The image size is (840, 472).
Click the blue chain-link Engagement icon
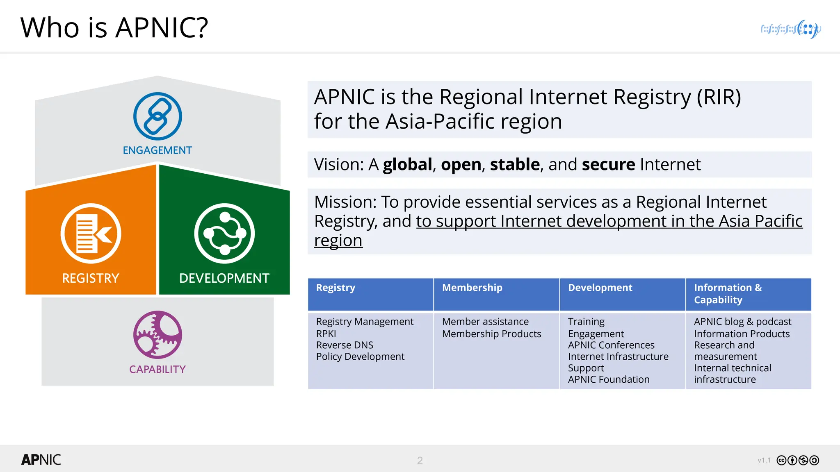[157, 116]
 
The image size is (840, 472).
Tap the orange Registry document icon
[91, 233]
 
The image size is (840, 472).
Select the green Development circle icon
[224, 233]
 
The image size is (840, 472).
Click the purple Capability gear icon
[157, 335]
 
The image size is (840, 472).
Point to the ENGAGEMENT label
[157, 150]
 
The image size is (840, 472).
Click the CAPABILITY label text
[157, 369]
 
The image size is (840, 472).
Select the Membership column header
[472, 288]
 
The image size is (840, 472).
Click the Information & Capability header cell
[728, 294]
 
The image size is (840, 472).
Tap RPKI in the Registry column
[326, 334]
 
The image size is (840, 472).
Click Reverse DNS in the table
[345, 345]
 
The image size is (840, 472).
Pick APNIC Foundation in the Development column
[609, 379]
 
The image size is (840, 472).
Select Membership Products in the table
[491, 334]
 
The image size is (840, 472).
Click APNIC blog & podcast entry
[742, 322]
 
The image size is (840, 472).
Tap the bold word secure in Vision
[608, 165]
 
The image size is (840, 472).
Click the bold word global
[407, 165]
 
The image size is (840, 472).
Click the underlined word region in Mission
[338, 241]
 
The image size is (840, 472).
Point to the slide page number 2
[420, 461]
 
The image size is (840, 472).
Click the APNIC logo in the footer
[41, 460]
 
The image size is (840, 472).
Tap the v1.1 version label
[764, 461]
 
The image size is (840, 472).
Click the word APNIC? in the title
[162, 28]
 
